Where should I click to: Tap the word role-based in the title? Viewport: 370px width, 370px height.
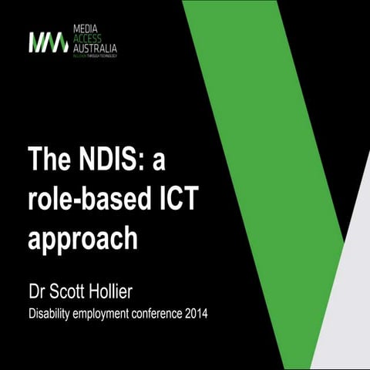click(x=90, y=200)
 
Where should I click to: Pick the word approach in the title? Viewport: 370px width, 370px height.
click(x=83, y=237)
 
